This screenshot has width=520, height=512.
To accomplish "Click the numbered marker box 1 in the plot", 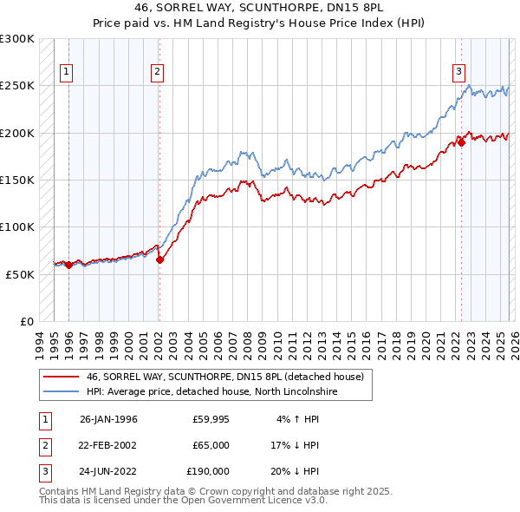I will tap(67, 72).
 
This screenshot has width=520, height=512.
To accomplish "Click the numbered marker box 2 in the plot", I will tap(157, 72).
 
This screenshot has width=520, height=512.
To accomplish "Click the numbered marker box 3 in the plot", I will tap(458, 72).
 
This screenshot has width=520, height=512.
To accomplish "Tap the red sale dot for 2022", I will tap(461, 143).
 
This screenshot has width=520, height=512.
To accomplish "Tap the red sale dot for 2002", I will tap(159, 259).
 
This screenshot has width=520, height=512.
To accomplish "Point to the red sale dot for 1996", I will tap(69, 265).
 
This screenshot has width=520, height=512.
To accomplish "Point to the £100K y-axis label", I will tap(17, 226).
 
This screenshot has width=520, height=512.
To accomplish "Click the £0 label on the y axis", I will tap(25, 321).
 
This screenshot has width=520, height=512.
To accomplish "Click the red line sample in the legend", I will tap(61, 377).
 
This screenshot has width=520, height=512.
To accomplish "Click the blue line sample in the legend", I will tap(61, 391).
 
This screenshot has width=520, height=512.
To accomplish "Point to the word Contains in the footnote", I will tap(62, 491).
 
